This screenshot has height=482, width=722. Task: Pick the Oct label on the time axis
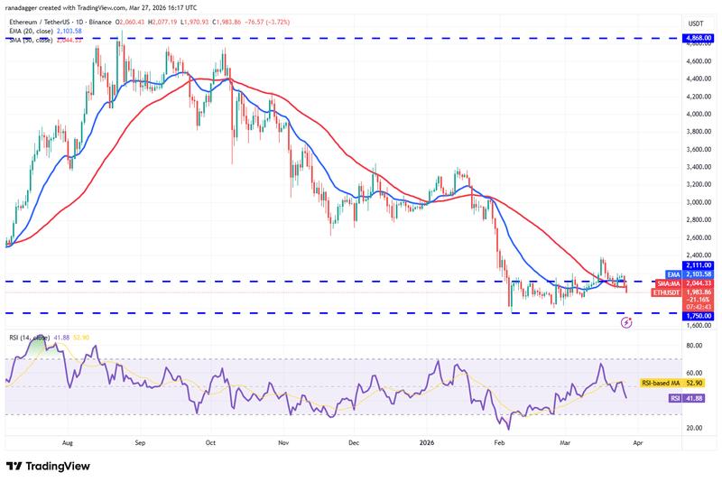(209, 444)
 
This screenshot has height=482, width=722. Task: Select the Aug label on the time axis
(68, 444)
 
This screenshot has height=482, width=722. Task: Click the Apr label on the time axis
(639, 444)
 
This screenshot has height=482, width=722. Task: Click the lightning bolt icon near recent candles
(626, 321)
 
